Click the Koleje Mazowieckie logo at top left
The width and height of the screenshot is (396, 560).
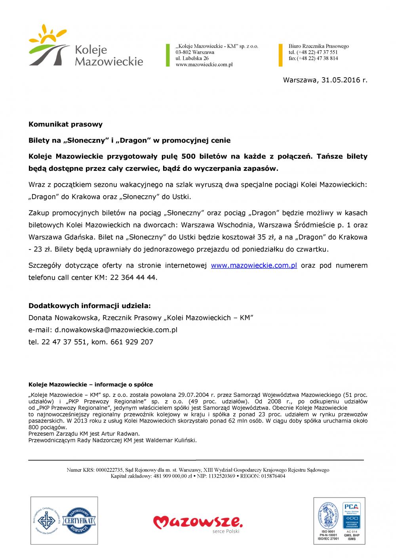[x=86, y=46]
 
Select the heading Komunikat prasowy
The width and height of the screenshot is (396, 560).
[x=65, y=124]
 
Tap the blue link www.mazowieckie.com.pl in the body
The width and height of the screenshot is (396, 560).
[x=254, y=265]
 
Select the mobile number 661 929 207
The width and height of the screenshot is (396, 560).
[x=131, y=342]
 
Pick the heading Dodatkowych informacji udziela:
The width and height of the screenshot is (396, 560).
[x=89, y=306]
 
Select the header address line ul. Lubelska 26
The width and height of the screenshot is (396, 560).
[x=192, y=58]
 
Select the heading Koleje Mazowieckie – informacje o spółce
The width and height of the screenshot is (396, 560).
[x=91, y=385]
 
